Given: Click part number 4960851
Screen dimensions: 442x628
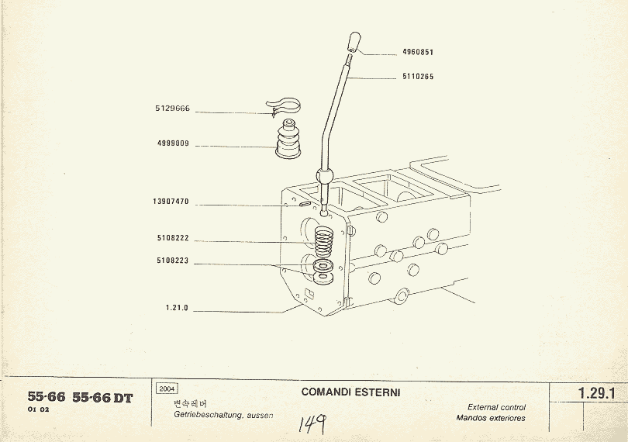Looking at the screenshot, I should point(417,53).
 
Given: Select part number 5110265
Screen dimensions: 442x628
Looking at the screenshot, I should point(417,77).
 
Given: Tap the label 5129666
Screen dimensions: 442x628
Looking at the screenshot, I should point(173,109).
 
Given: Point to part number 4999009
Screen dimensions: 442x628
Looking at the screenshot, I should point(173,143).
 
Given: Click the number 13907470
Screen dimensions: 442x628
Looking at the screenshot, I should point(171,202).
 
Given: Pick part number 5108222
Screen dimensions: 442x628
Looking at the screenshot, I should point(173,239).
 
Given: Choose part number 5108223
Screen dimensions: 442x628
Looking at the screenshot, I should point(173,261).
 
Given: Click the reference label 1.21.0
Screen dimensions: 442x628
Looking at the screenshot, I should point(177,308).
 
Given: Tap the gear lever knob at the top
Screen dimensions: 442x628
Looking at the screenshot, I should point(354,40).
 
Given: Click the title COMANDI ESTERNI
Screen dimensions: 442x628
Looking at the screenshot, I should point(350,392).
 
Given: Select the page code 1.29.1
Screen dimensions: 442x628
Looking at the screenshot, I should point(596,394).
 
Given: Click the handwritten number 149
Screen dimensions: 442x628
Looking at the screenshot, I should point(312,423).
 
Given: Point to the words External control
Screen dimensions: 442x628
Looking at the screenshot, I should point(496,407).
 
